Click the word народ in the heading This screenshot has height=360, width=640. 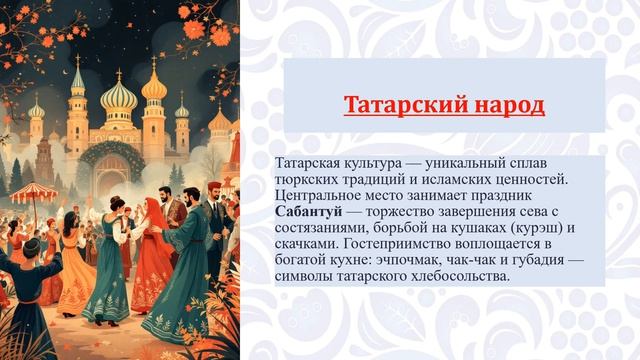pyautogui.click(x=509, y=105)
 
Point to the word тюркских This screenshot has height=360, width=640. pyautogui.click(x=304, y=180)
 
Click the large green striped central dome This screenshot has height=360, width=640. pyautogui.click(x=119, y=96)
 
